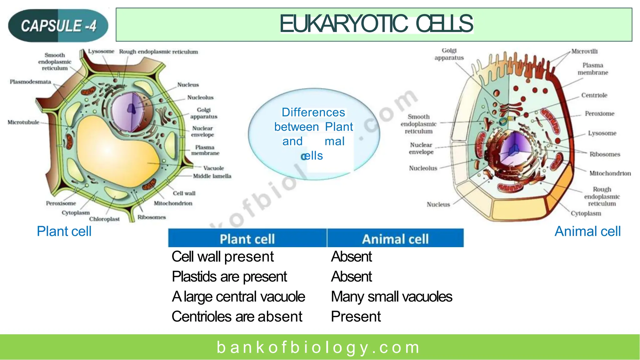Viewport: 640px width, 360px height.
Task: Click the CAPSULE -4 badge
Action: [x=58, y=26]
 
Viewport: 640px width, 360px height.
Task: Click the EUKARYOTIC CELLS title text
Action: [x=376, y=24]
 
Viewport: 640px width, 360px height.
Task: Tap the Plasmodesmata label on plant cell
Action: [x=30, y=82]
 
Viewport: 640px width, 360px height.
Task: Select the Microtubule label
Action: [x=23, y=122]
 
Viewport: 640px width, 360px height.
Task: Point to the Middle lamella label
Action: [x=212, y=176]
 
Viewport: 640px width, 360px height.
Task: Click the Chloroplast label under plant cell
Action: [x=104, y=219]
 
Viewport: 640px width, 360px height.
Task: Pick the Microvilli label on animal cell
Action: [x=584, y=52]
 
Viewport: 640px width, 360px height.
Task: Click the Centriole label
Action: [x=594, y=95]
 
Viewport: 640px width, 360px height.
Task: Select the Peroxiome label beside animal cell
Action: [x=599, y=114]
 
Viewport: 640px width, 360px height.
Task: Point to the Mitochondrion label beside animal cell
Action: [x=610, y=173]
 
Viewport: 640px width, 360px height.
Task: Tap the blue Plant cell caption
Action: [x=64, y=232]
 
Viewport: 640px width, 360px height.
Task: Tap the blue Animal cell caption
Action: [x=587, y=232]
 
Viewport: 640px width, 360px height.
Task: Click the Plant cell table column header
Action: [x=247, y=239]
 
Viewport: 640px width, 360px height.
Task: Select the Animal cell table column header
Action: [x=395, y=239]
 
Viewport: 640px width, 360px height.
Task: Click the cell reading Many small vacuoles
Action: [x=391, y=297]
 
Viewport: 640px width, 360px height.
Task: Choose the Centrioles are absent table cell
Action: [x=237, y=317]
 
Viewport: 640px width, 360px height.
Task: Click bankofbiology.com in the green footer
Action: [x=319, y=347]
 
